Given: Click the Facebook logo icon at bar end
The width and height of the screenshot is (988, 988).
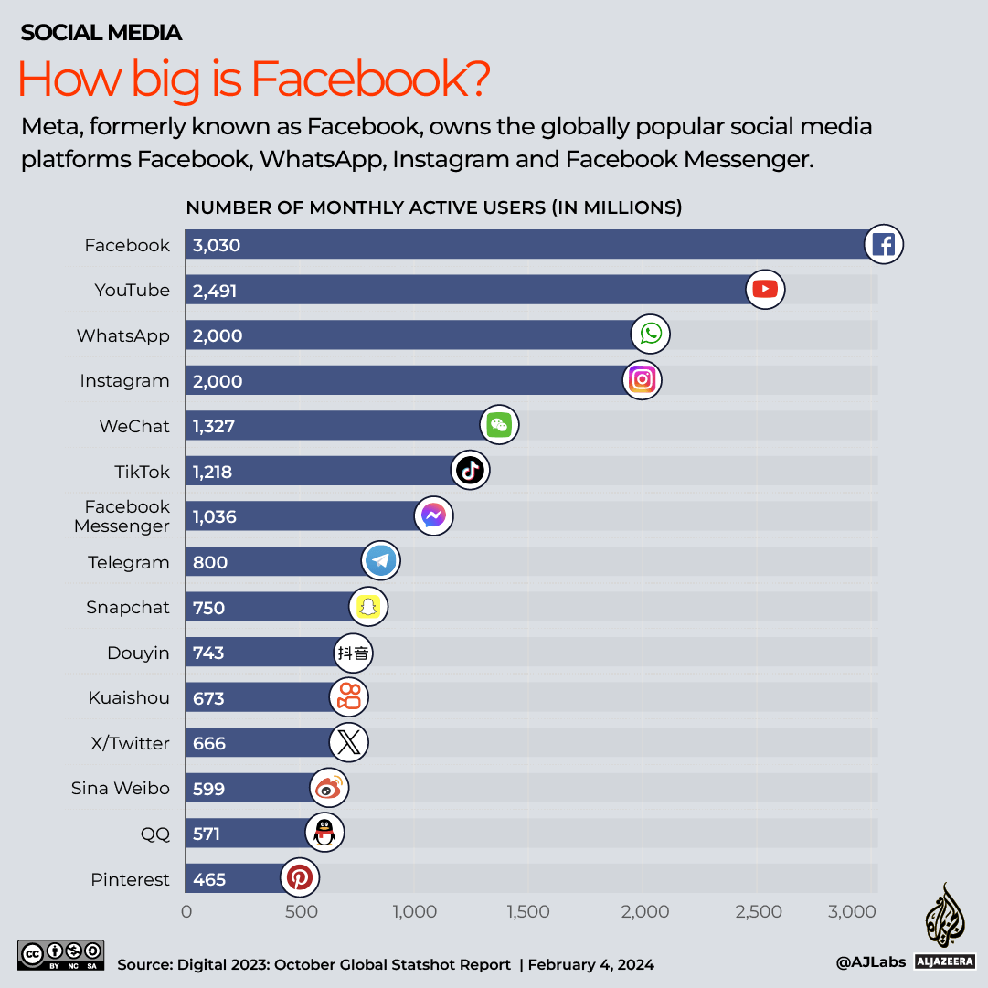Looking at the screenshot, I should coord(884,245).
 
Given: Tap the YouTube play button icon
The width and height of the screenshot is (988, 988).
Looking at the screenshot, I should coord(765,290).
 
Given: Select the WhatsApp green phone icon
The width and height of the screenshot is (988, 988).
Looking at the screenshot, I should coord(651,335).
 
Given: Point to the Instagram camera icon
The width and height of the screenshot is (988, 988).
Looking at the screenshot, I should coord(643,379).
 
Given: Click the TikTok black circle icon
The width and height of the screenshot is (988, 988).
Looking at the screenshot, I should coord(471,471).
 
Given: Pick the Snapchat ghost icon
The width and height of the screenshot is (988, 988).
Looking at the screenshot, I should coord(368,607).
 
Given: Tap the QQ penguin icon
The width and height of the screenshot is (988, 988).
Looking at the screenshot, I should coord(324,833).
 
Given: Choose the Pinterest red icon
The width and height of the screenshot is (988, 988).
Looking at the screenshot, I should coord(299,878).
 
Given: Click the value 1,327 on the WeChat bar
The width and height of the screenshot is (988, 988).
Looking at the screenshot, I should coord(214,426).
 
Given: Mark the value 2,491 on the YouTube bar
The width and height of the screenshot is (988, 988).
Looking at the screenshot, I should coord(216,291).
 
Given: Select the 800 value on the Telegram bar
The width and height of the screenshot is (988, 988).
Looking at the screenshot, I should coord(209,562).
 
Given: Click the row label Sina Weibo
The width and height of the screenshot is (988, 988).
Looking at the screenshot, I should coord(121,788).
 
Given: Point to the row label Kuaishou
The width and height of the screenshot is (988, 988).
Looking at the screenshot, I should coord(129,697).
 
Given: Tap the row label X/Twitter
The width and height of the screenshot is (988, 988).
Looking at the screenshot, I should coord(130,743).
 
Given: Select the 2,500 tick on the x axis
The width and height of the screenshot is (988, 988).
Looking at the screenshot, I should coord(759,911).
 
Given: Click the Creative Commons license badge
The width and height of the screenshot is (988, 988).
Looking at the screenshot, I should coord(60,955).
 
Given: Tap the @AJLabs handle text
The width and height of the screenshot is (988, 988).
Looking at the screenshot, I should coord(869,961).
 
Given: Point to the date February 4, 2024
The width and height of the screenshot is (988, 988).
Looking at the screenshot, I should coord(590,964).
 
